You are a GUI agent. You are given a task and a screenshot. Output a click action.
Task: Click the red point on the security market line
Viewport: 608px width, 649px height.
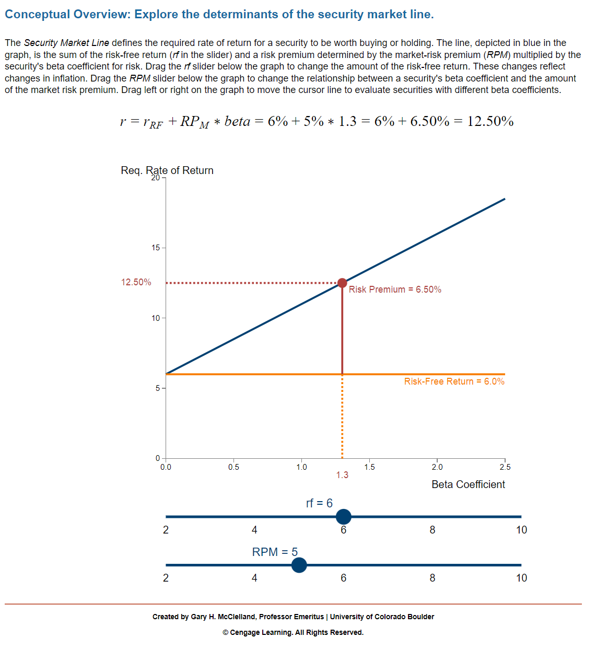click(342, 283)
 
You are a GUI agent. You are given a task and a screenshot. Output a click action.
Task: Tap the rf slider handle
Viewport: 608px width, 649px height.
click(343, 517)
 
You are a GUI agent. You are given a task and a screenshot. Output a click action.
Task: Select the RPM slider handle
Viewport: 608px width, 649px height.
click(299, 565)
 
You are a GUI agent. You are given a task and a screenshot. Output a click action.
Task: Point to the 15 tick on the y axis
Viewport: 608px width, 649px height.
click(156, 248)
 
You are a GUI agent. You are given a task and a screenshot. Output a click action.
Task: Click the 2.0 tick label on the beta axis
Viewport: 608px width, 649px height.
click(437, 467)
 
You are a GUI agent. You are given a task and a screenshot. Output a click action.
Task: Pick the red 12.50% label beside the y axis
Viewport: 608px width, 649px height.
click(136, 282)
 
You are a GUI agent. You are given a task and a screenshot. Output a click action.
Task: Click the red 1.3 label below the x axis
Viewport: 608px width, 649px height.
click(342, 475)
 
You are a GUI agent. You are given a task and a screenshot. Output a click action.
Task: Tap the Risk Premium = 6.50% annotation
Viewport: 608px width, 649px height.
click(395, 289)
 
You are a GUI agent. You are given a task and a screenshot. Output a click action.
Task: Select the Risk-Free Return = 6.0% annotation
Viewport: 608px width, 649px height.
click(454, 381)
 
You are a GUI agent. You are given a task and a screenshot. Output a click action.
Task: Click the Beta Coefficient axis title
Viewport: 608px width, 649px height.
click(468, 484)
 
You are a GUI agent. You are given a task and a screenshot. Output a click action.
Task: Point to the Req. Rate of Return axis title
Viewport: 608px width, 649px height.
click(167, 170)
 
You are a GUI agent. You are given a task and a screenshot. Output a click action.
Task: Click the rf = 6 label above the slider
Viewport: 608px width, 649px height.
click(319, 503)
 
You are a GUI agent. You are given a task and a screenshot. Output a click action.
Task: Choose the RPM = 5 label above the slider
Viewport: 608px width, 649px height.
click(275, 552)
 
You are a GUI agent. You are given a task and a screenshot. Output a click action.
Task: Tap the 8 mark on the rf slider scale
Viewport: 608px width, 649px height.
click(432, 530)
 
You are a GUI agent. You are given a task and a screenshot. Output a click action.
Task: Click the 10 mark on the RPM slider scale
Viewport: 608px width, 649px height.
click(521, 578)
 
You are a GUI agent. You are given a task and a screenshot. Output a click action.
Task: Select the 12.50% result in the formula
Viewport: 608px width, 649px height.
click(490, 121)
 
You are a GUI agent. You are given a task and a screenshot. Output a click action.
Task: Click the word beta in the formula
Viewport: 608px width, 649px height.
click(237, 121)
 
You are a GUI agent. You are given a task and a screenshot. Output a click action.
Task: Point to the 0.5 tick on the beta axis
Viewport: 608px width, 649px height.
click(233, 467)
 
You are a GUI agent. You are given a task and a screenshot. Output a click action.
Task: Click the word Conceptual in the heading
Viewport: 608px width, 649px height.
click(37, 14)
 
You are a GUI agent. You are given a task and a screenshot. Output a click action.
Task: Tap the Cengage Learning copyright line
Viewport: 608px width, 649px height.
click(293, 632)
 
